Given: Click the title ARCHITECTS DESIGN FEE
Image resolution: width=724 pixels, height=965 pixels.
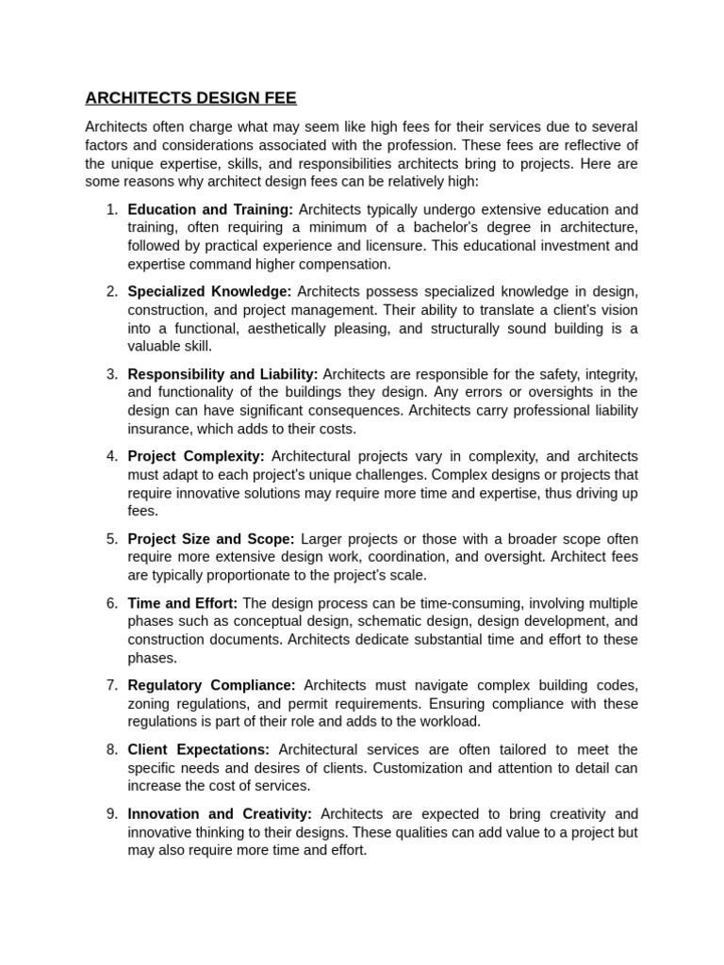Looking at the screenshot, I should coord(190,97).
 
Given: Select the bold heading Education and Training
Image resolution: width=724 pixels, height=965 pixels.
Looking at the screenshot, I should coord(210,209).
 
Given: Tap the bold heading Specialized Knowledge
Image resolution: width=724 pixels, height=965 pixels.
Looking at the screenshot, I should coord(209,291).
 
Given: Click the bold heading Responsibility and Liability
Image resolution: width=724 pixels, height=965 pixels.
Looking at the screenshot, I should coord(222,374).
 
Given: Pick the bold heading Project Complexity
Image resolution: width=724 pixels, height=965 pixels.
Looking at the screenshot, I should coord(195,456).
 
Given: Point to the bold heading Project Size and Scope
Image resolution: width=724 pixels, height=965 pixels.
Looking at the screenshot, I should coord(211,539).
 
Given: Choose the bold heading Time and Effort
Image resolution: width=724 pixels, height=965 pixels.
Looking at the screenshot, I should coord(182,603).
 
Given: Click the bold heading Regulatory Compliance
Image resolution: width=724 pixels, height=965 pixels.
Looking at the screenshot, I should coord(211,685).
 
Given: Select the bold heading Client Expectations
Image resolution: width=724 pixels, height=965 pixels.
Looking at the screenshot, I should coord(198,749).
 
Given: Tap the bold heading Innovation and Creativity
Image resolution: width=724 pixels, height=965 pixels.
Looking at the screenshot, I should coord(220,813).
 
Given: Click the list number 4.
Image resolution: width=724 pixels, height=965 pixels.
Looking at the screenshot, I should coord(111,456).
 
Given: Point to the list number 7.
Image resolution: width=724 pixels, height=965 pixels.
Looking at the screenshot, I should coord(111,685).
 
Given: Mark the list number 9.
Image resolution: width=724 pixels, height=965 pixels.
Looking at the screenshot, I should coord(111,813).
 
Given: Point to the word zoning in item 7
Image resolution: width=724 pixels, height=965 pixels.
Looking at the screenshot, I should coord(149,704).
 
